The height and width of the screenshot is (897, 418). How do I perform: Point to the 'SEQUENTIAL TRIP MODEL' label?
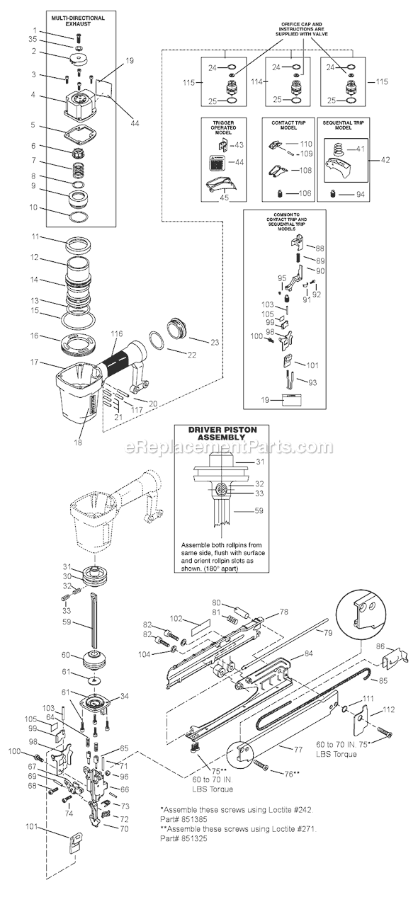[343, 126]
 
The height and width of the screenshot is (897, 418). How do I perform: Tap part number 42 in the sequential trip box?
[385, 160]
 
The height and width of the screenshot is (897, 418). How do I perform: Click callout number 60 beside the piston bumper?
[66, 654]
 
